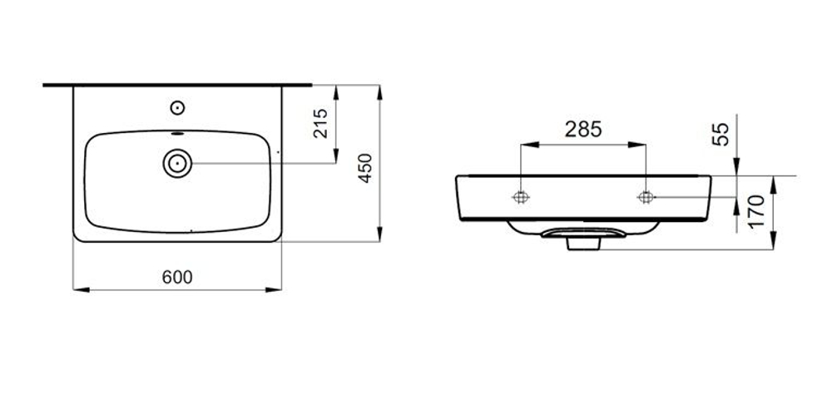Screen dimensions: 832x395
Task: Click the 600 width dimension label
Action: (177, 277)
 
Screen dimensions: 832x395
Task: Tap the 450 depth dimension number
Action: (365, 168)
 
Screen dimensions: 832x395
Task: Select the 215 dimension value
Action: (320, 124)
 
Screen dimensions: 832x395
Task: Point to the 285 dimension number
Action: (583, 130)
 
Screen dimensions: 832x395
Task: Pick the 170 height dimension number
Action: (755, 210)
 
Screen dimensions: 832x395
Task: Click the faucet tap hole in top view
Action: (177, 107)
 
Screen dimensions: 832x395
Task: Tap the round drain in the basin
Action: (177, 163)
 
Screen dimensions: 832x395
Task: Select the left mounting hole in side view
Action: (521, 197)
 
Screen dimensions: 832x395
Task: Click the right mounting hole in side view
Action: (646, 197)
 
